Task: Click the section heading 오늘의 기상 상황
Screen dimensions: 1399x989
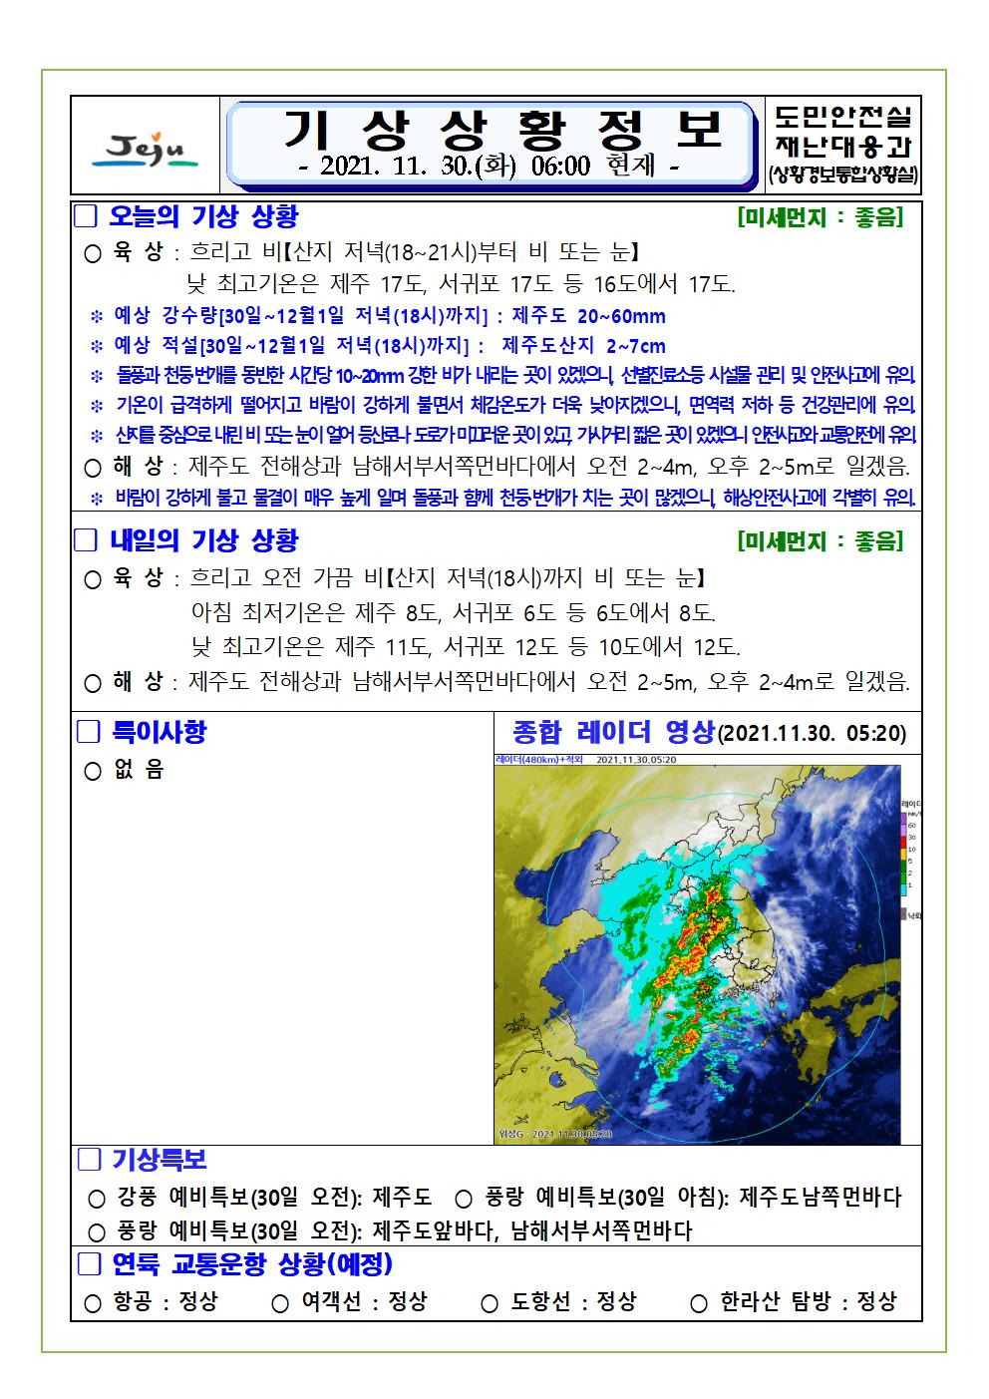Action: pyautogui.click(x=202, y=216)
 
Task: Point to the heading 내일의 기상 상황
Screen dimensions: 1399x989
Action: pyautogui.click(x=203, y=540)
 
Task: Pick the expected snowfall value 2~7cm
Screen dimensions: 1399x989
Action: pyautogui.click(x=635, y=347)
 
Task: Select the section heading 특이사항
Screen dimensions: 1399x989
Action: pyautogui.click(x=158, y=732)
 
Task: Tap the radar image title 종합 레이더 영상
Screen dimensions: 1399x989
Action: pyautogui.click(x=613, y=733)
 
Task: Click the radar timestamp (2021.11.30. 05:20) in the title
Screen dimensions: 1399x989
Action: pyautogui.click(x=813, y=734)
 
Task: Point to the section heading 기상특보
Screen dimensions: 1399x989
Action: pyautogui.click(x=159, y=1160)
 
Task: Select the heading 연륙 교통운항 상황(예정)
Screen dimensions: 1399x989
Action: pyautogui.click(x=251, y=1264)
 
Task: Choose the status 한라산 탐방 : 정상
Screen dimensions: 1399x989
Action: pyautogui.click(x=808, y=1302)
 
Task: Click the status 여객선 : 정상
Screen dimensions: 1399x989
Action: pyautogui.click(x=364, y=1302)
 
